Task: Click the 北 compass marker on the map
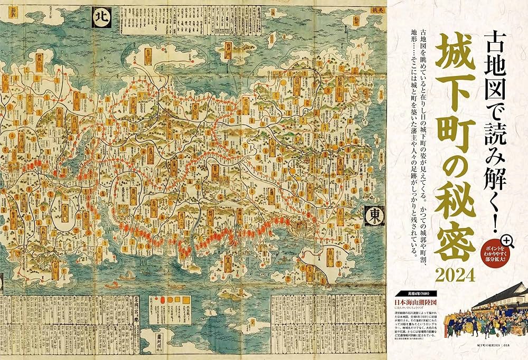(100, 16)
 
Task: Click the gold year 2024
(458, 275)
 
